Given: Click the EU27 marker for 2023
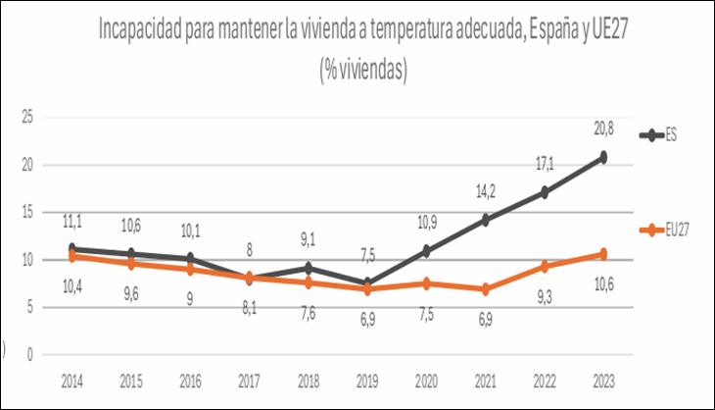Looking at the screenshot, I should tap(603, 254).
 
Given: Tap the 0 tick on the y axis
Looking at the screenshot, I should tap(31, 354).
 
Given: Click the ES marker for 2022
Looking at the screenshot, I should tap(544, 192).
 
